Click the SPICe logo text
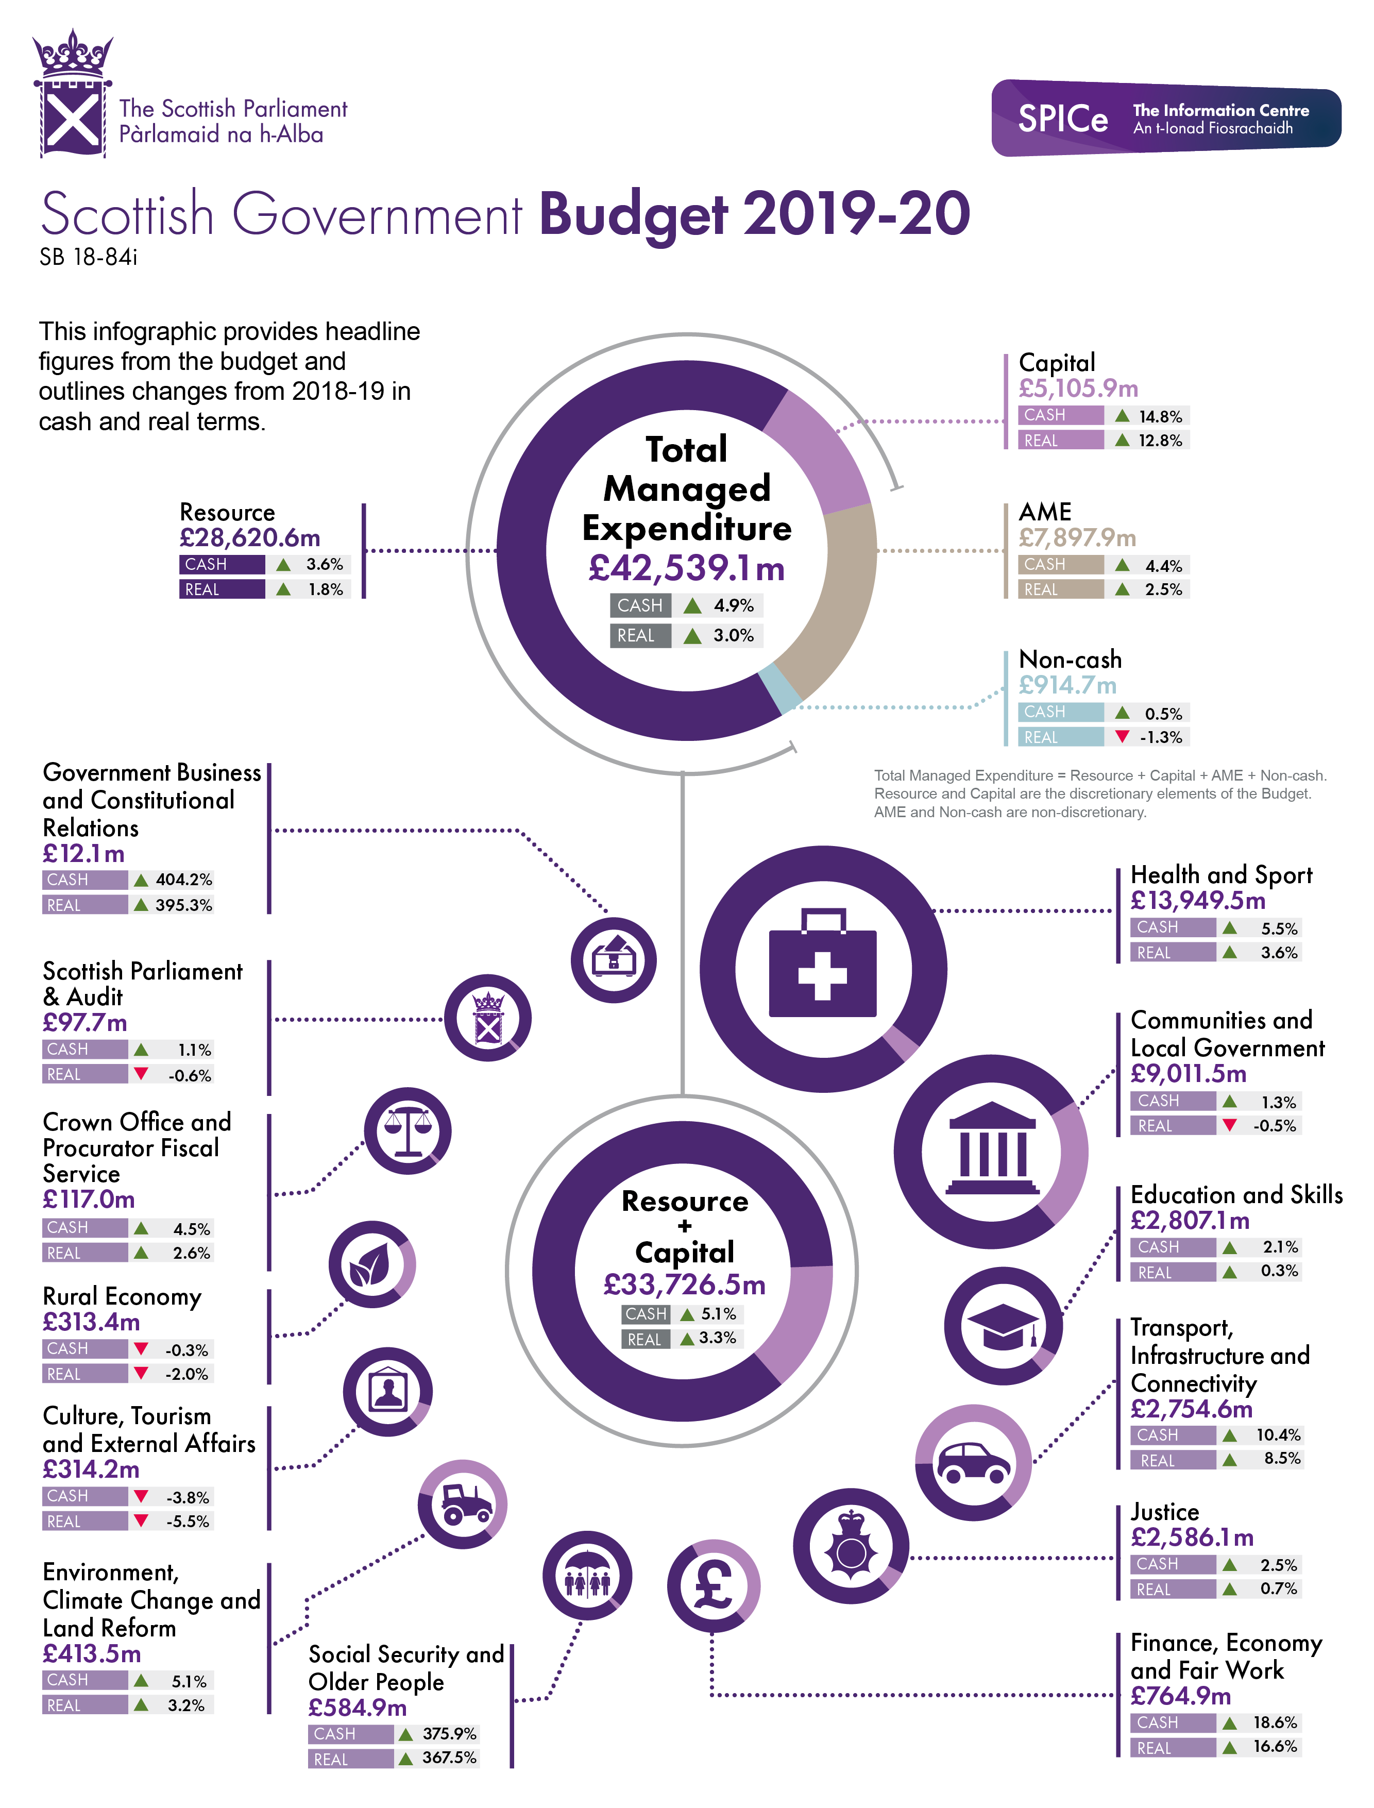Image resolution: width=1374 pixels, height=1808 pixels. (x=1062, y=120)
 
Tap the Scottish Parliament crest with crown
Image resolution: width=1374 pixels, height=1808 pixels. (x=73, y=94)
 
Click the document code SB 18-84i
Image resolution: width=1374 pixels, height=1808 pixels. (x=88, y=258)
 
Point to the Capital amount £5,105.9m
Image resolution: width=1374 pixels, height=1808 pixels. (x=1078, y=388)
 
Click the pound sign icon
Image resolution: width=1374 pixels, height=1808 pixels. (x=713, y=1585)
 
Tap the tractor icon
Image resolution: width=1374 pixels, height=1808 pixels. (x=465, y=1504)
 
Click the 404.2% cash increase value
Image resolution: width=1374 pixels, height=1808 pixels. (x=184, y=880)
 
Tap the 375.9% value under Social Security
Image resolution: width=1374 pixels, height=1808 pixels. (x=449, y=1734)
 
